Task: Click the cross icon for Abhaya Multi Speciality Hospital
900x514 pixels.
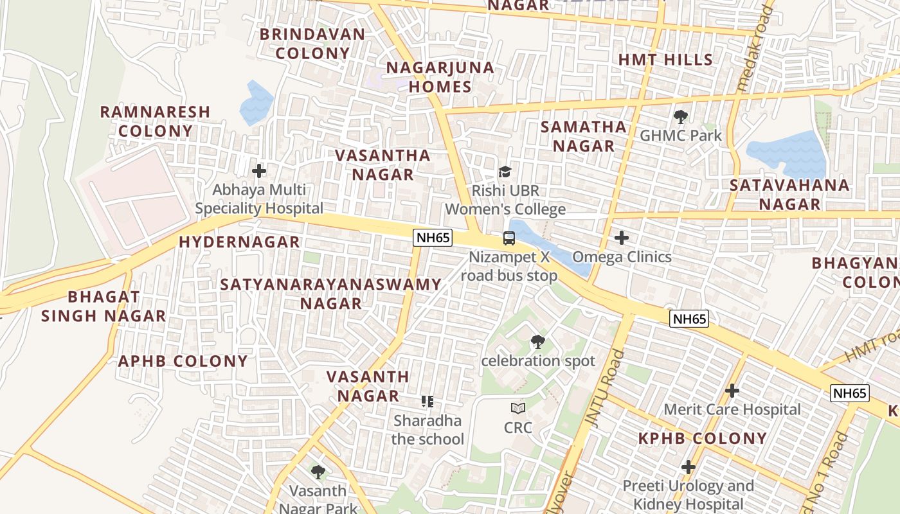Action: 259,171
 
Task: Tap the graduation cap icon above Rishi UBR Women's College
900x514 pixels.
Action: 505,172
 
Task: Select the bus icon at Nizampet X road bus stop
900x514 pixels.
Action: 509,238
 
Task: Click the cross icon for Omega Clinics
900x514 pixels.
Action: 621,238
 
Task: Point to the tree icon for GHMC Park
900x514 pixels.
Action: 680,117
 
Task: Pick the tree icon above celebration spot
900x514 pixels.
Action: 538,342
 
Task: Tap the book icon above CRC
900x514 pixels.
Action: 518,408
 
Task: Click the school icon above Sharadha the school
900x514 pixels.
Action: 428,402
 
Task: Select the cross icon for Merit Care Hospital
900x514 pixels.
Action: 732,391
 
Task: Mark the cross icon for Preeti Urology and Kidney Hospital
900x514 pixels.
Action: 688,466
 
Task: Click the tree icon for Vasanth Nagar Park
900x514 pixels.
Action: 318,472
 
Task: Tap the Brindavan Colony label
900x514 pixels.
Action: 312,44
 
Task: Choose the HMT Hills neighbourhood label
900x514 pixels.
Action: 665,60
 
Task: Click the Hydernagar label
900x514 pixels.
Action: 239,242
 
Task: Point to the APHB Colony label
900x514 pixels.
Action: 183,361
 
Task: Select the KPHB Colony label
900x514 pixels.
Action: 702,439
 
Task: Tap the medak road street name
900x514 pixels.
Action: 754,48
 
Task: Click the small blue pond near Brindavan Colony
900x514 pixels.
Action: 256,103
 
